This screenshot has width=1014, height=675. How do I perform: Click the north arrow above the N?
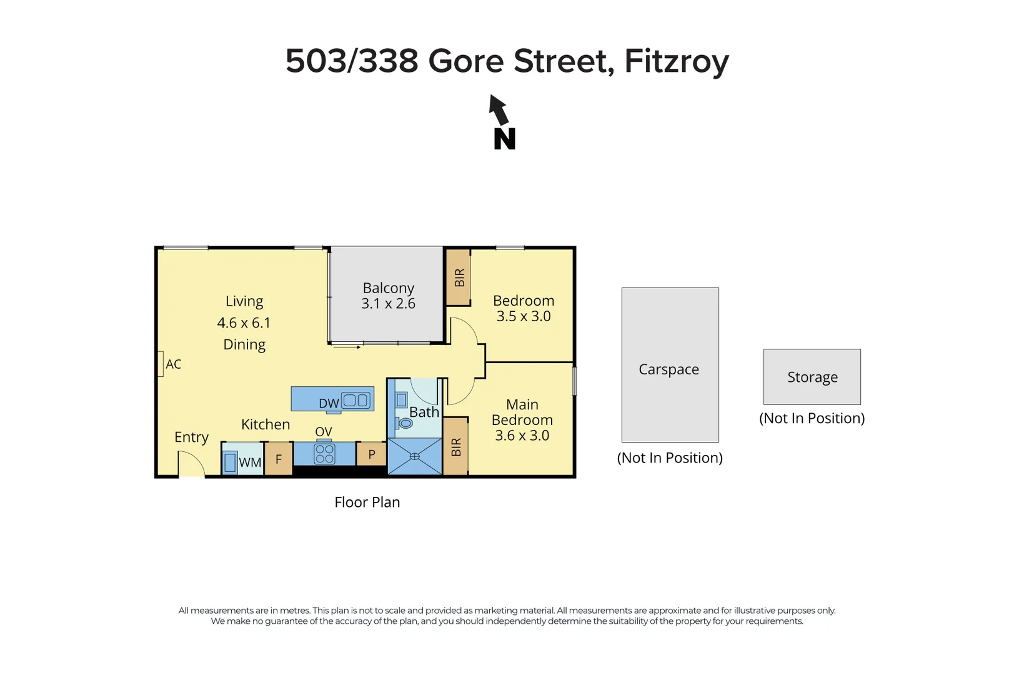click(x=498, y=110)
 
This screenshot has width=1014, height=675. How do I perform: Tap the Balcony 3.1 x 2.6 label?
click(x=388, y=296)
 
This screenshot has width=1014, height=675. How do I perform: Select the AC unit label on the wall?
click(x=173, y=364)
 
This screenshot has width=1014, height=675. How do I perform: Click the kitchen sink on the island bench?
click(x=355, y=400)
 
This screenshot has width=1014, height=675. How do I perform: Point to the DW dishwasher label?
click(x=329, y=404)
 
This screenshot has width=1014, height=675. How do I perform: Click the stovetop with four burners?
click(x=324, y=454)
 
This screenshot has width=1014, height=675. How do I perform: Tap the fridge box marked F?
click(x=279, y=459)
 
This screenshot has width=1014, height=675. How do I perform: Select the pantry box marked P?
click(x=372, y=454)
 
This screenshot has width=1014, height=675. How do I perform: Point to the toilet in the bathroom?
click(x=405, y=423)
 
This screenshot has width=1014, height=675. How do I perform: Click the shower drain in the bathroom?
click(x=415, y=456)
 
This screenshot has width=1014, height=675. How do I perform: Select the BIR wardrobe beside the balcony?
click(x=459, y=277)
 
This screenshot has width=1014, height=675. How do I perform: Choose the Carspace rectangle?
click(x=670, y=365)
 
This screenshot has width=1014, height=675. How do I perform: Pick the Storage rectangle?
click(x=812, y=377)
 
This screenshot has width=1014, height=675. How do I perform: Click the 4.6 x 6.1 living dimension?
click(x=244, y=323)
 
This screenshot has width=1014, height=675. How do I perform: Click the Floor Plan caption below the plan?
click(x=367, y=502)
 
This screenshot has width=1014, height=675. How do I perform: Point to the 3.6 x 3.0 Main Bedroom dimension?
click(x=522, y=436)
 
